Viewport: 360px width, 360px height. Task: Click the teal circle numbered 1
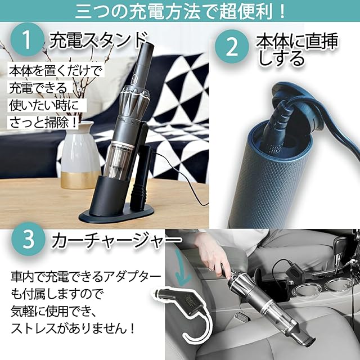(x=28, y=39)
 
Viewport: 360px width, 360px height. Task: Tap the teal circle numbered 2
(x=232, y=47)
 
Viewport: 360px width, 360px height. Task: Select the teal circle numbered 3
(x=28, y=239)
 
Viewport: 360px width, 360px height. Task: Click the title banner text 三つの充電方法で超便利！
(x=180, y=11)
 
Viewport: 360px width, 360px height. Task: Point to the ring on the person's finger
(x=211, y=268)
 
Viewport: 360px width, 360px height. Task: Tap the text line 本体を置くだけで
(x=55, y=70)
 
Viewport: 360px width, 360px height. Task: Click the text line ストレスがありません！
(x=73, y=328)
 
